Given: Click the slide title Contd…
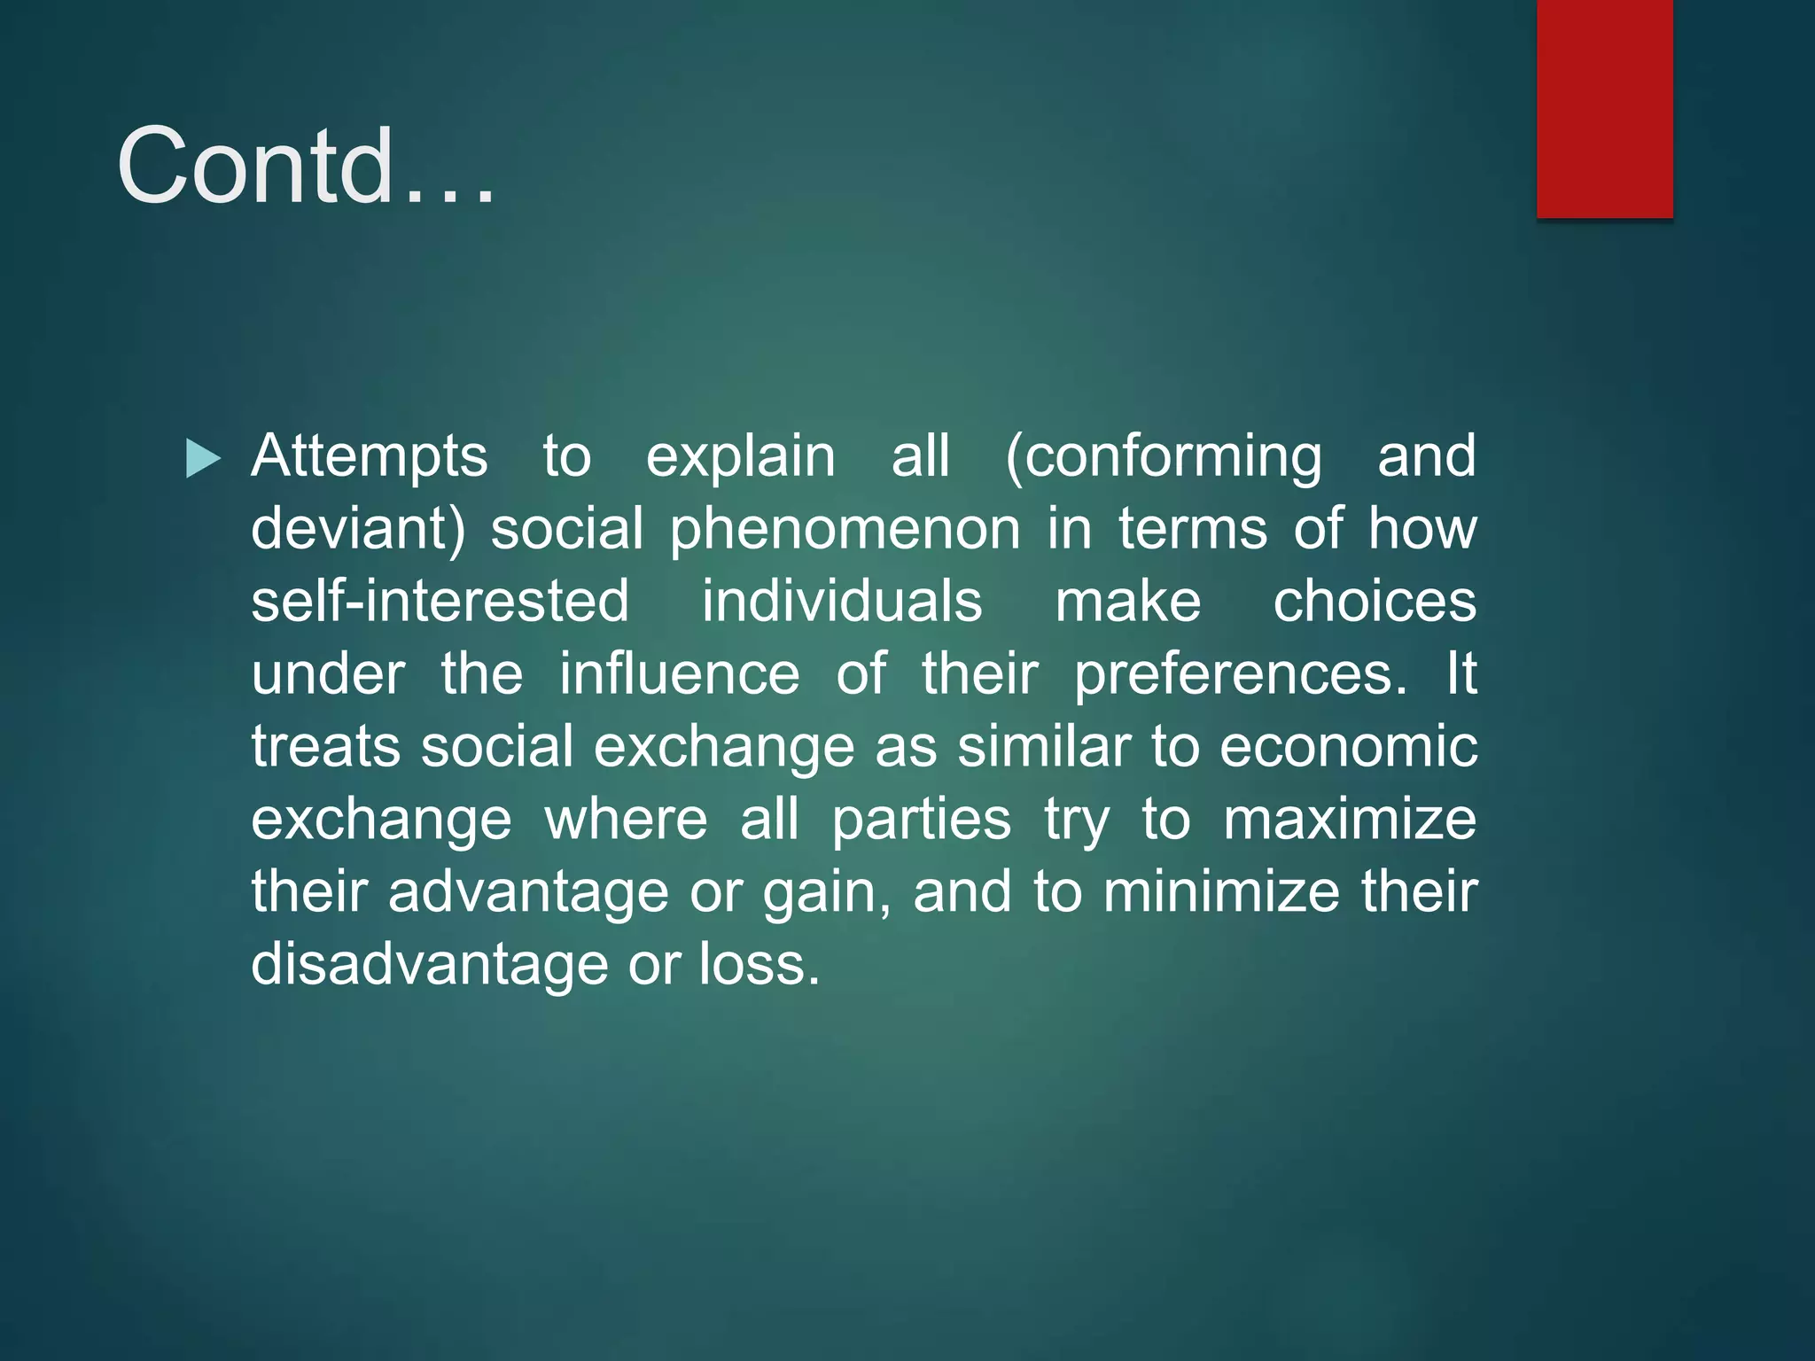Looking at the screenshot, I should coord(306,166).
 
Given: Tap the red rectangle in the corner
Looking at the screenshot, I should coord(1604,108).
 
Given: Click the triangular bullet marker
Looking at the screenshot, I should coord(203,459).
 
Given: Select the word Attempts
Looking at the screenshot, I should coord(369,457).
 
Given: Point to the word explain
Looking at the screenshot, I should coord(740,457).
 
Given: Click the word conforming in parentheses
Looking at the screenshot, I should coord(1163,457).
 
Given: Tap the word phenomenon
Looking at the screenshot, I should coord(845,529).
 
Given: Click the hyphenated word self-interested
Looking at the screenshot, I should coord(440,602).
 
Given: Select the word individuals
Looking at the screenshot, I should coord(842,602).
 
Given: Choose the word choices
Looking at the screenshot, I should coord(1375,602).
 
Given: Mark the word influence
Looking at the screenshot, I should coord(679,674).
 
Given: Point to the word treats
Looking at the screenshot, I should coord(325,747).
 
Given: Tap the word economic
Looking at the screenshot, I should coord(1348,747).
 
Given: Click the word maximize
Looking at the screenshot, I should coord(1349,820).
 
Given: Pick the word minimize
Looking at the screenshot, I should coord(1221,891).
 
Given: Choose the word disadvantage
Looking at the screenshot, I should coord(429,965).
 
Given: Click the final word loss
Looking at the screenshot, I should coord(759,964).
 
